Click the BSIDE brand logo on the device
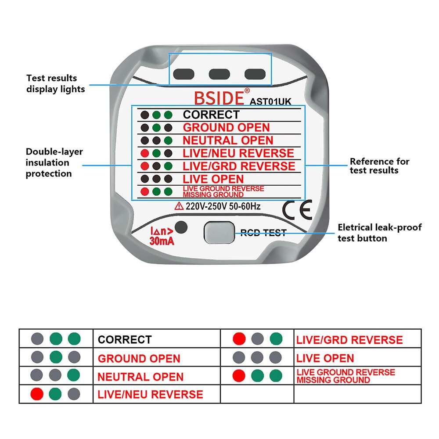pos(219,97)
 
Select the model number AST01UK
pos(270,101)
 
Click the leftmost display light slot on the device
pos(184,74)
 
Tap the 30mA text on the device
pos(162,241)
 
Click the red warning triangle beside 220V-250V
pos(179,206)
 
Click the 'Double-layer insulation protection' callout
pos(54,163)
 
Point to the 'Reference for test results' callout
pos(379,166)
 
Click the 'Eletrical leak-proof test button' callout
pos(379,233)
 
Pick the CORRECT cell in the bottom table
pos(125,339)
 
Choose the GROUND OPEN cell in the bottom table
pos(139,358)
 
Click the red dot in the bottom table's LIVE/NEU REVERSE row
pos(37,394)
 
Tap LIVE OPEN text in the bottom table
pos(325,358)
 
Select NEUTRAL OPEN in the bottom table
pos(140,377)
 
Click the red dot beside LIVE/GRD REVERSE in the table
pos(239,339)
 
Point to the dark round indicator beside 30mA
pos(181,228)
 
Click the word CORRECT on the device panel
pos(211,115)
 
